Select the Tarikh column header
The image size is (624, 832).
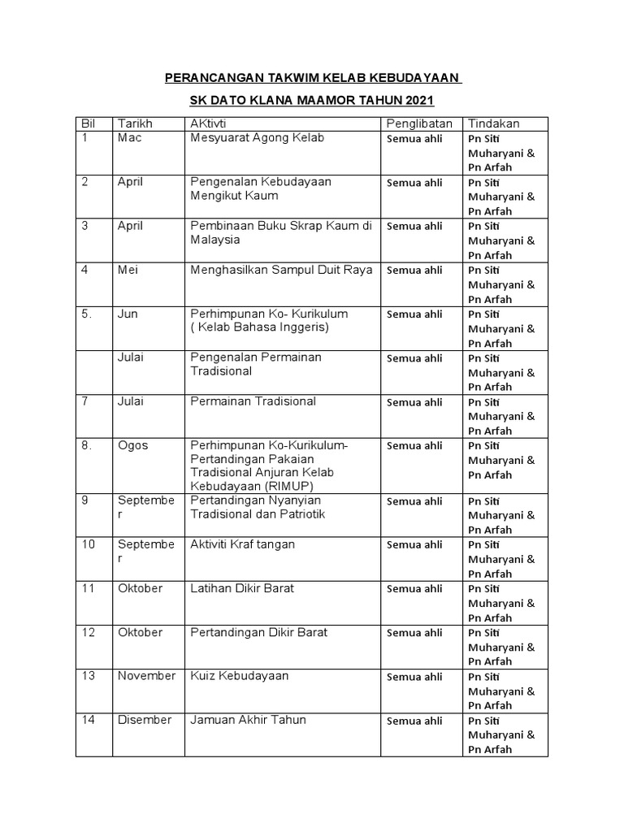pyautogui.click(x=135, y=123)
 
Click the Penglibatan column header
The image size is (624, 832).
pyautogui.click(x=420, y=123)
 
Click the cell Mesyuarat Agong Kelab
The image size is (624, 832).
pyautogui.click(x=257, y=138)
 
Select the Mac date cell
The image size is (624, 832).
pyautogui.click(x=130, y=138)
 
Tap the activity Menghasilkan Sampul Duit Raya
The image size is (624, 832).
pyautogui.click(x=281, y=270)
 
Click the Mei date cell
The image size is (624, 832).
pyautogui.click(x=128, y=270)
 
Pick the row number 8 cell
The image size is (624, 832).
pyautogui.click(x=87, y=445)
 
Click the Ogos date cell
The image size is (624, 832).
pyautogui.click(x=133, y=445)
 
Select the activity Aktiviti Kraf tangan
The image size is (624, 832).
pyautogui.click(x=242, y=544)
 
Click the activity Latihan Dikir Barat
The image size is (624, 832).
pyautogui.click(x=242, y=588)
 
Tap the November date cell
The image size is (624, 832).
pyautogui.click(x=146, y=676)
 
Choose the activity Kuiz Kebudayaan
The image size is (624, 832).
pyautogui.click(x=240, y=676)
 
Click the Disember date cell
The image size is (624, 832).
pyautogui.click(x=145, y=720)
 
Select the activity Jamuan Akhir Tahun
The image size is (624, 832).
pyautogui.click(x=248, y=720)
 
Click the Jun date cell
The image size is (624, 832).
pyautogui.click(x=128, y=314)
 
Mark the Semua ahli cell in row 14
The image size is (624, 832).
pyautogui.click(x=414, y=721)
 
